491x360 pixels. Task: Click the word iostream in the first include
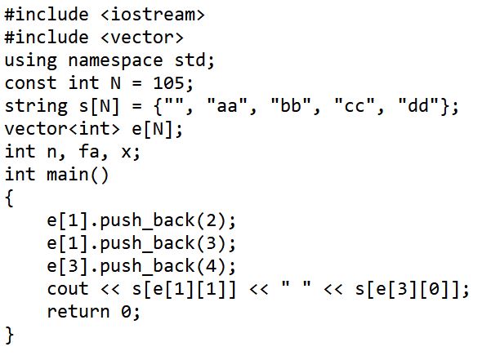(x=153, y=15)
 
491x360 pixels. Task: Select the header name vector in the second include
(x=142, y=38)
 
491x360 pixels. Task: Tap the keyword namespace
(x=115, y=61)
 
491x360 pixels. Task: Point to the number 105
(x=168, y=83)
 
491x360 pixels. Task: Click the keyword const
(x=31, y=83)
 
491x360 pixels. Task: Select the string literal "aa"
(x=227, y=106)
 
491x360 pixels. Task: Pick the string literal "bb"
(x=291, y=106)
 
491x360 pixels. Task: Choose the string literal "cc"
(x=355, y=106)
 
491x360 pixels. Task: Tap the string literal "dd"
(x=418, y=106)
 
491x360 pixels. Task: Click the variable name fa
(x=89, y=151)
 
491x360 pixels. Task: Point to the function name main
(x=68, y=174)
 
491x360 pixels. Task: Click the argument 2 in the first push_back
(x=212, y=220)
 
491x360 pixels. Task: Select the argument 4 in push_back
(x=212, y=266)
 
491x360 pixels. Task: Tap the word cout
(x=68, y=289)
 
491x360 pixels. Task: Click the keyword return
(x=78, y=312)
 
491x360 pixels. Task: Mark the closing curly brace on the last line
(x=10, y=336)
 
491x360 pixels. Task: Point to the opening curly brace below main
(x=10, y=198)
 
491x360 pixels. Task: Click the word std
(x=190, y=60)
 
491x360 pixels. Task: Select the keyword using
(x=31, y=61)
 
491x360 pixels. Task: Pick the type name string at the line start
(x=36, y=107)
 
